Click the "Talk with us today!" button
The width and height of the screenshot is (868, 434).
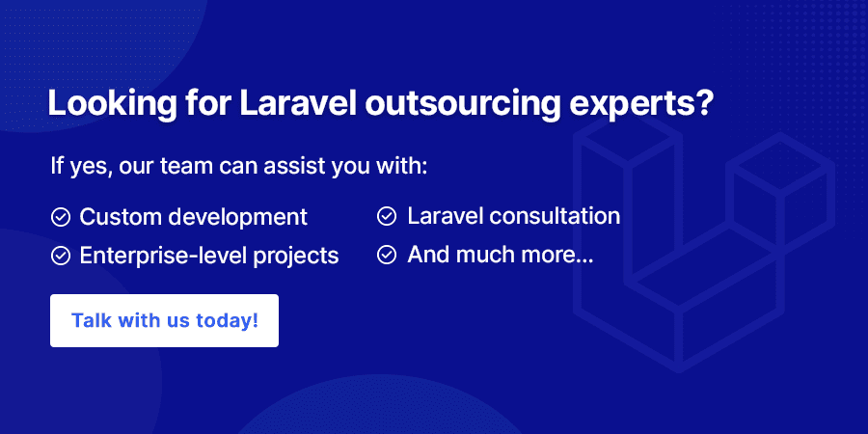(x=164, y=320)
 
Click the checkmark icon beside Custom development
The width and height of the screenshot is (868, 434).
(x=61, y=217)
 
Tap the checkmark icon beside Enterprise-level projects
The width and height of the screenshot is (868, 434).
(x=61, y=256)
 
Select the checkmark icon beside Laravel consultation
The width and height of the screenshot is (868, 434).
(x=387, y=216)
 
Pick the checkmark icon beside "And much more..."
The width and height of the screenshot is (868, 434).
(x=387, y=255)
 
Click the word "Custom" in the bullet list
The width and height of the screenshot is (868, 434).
(x=120, y=217)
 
